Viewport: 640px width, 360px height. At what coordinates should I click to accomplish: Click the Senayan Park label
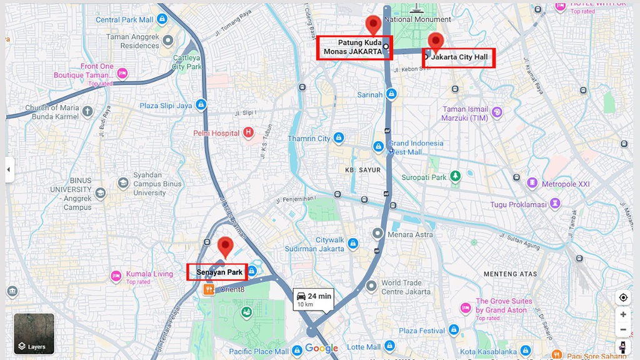click(218, 272)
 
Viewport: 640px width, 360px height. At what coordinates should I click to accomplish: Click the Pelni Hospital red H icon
click(248, 132)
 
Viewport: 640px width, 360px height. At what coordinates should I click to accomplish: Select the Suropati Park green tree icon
click(456, 177)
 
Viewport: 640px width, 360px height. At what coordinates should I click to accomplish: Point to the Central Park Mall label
click(124, 20)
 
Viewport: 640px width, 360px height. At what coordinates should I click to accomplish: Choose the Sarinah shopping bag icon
click(391, 94)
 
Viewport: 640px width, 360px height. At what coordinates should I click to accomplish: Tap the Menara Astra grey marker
click(377, 234)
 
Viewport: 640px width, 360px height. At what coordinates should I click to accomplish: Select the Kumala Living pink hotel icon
click(116, 275)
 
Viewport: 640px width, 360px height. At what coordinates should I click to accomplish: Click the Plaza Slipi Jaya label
click(166, 106)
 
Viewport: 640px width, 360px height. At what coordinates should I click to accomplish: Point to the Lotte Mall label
click(364, 347)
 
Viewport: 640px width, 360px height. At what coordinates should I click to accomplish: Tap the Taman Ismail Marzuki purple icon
click(497, 112)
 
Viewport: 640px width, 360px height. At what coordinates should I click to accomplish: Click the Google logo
click(321, 349)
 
